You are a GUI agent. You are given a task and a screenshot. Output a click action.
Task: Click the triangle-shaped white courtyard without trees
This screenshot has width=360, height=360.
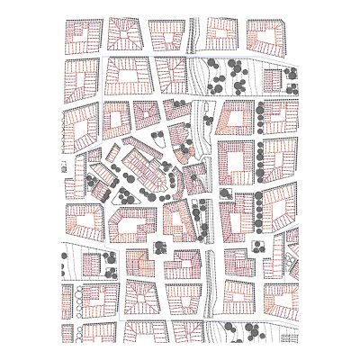pos(181,216)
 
